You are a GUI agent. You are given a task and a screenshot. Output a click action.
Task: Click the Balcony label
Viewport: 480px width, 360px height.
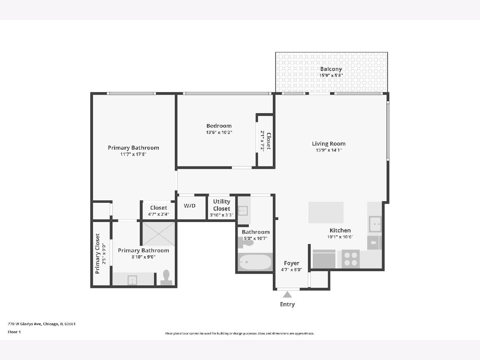(x=331, y=69)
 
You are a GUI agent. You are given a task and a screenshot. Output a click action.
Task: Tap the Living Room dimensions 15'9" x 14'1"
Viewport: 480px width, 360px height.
(x=329, y=150)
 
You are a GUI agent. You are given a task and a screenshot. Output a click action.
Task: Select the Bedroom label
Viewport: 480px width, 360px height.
(x=219, y=126)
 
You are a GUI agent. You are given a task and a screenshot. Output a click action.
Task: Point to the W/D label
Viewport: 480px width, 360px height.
(x=190, y=206)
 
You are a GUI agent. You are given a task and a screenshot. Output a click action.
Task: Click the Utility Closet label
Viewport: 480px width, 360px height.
(x=222, y=205)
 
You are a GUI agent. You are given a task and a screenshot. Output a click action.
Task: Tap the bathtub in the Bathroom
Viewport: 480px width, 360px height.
(x=255, y=262)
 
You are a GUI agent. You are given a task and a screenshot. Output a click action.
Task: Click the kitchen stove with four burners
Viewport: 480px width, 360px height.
(x=350, y=259)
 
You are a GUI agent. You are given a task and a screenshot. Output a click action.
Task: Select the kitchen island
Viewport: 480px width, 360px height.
(x=326, y=212)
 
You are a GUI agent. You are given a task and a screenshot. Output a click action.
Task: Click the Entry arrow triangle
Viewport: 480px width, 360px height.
(x=287, y=295)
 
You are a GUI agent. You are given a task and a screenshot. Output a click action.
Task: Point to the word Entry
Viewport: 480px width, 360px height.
(x=287, y=304)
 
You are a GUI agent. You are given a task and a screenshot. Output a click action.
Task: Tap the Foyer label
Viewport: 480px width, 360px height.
(x=292, y=263)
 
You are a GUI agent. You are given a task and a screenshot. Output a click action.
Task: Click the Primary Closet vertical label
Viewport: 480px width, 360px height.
(x=98, y=254)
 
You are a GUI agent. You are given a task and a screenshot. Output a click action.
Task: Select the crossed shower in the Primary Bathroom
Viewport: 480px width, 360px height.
(x=158, y=234)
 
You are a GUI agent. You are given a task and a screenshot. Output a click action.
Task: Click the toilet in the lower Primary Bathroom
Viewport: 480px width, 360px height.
(x=166, y=277)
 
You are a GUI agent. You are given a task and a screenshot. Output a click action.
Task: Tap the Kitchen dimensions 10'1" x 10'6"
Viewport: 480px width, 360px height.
(x=340, y=237)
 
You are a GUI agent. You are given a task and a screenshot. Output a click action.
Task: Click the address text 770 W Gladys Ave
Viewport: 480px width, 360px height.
(x=25, y=324)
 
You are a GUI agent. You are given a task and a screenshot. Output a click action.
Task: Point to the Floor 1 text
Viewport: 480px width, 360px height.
(x=14, y=332)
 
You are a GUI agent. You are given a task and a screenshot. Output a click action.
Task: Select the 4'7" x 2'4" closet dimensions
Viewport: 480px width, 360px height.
(x=158, y=214)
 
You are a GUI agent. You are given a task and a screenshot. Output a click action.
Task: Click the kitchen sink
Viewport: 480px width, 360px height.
(x=375, y=224)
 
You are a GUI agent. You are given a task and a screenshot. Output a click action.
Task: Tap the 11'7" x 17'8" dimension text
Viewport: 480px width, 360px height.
(x=133, y=154)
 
